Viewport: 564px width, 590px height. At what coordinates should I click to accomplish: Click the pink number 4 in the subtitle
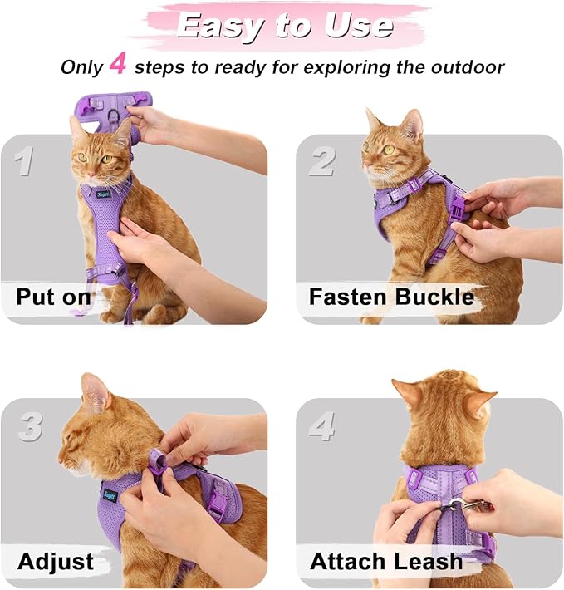(x=118, y=65)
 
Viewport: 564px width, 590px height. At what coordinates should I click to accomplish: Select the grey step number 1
(x=24, y=160)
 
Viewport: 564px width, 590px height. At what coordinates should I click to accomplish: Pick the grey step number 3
(x=30, y=427)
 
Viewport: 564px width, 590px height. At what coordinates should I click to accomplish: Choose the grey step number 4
(x=323, y=427)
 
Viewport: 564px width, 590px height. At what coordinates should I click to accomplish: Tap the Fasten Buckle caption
(x=391, y=297)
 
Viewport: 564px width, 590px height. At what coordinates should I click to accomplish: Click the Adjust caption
(x=55, y=562)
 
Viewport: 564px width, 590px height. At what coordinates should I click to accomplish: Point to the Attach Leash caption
(x=386, y=562)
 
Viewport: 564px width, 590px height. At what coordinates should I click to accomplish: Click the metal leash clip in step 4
(x=455, y=504)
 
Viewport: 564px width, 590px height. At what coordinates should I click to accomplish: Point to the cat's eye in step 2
(x=388, y=150)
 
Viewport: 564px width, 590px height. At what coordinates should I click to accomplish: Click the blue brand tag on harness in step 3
(x=109, y=494)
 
